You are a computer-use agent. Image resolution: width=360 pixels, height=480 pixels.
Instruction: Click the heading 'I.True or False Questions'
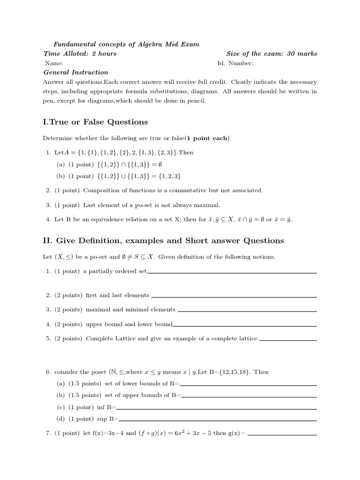(x=95, y=122)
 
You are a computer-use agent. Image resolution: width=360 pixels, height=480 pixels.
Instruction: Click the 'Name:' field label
(x=54, y=63)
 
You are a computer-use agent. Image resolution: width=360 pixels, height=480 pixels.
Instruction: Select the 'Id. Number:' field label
(x=235, y=63)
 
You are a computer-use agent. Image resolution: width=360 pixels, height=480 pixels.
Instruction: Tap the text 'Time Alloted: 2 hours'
(x=80, y=53)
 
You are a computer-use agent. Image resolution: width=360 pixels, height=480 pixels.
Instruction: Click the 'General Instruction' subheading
(x=76, y=72)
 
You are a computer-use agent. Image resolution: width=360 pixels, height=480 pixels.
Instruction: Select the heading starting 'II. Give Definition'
(x=163, y=241)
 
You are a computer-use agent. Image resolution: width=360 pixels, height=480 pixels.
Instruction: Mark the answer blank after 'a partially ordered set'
(x=232, y=272)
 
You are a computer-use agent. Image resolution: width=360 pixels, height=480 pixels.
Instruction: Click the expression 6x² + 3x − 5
(x=187, y=433)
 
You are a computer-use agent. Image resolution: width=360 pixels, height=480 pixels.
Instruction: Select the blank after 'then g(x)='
(x=282, y=435)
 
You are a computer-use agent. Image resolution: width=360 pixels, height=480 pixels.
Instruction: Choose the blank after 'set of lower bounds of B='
(x=248, y=385)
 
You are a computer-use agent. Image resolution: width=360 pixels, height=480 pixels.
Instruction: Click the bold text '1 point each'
(x=207, y=138)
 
